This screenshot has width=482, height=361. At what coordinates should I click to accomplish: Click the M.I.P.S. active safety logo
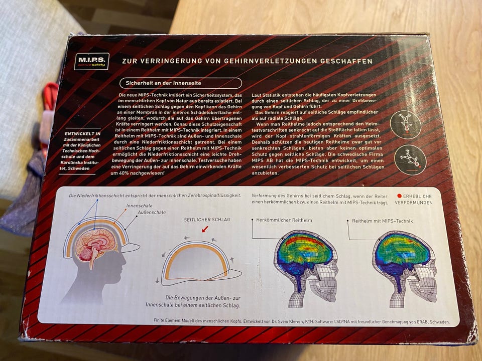91,61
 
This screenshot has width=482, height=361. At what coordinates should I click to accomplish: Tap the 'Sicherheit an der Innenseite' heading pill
180,83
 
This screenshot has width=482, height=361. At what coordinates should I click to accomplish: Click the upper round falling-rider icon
405,124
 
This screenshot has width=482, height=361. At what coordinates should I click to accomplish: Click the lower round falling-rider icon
410,160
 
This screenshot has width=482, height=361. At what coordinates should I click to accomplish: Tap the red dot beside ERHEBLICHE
399,196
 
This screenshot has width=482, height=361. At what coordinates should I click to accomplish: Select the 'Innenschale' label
139,206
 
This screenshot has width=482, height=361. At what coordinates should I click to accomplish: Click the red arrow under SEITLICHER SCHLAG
205,229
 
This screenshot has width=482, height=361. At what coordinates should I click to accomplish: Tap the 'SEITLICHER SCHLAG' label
207,220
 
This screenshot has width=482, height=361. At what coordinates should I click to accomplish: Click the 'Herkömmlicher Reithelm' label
284,220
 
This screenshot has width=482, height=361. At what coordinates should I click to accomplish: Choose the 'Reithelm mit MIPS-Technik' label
383,221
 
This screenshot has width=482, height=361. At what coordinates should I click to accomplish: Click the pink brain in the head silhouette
95,245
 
